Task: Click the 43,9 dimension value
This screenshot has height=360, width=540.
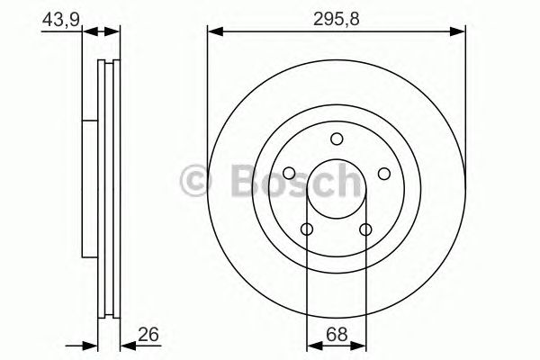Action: (x=55, y=19)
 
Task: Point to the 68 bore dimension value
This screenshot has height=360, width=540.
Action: (x=336, y=334)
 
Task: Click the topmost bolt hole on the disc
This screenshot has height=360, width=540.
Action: (x=337, y=139)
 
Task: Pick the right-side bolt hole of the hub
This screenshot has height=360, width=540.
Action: (x=384, y=174)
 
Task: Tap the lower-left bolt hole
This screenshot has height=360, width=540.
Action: (x=307, y=229)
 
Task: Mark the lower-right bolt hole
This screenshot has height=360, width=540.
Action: (x=366, y=229)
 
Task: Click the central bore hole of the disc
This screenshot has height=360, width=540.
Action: (x=337, y=189)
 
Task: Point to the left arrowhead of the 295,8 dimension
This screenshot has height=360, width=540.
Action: (x=213, y=31)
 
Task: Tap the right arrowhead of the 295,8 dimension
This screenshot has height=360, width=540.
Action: (x=460, y=31)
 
